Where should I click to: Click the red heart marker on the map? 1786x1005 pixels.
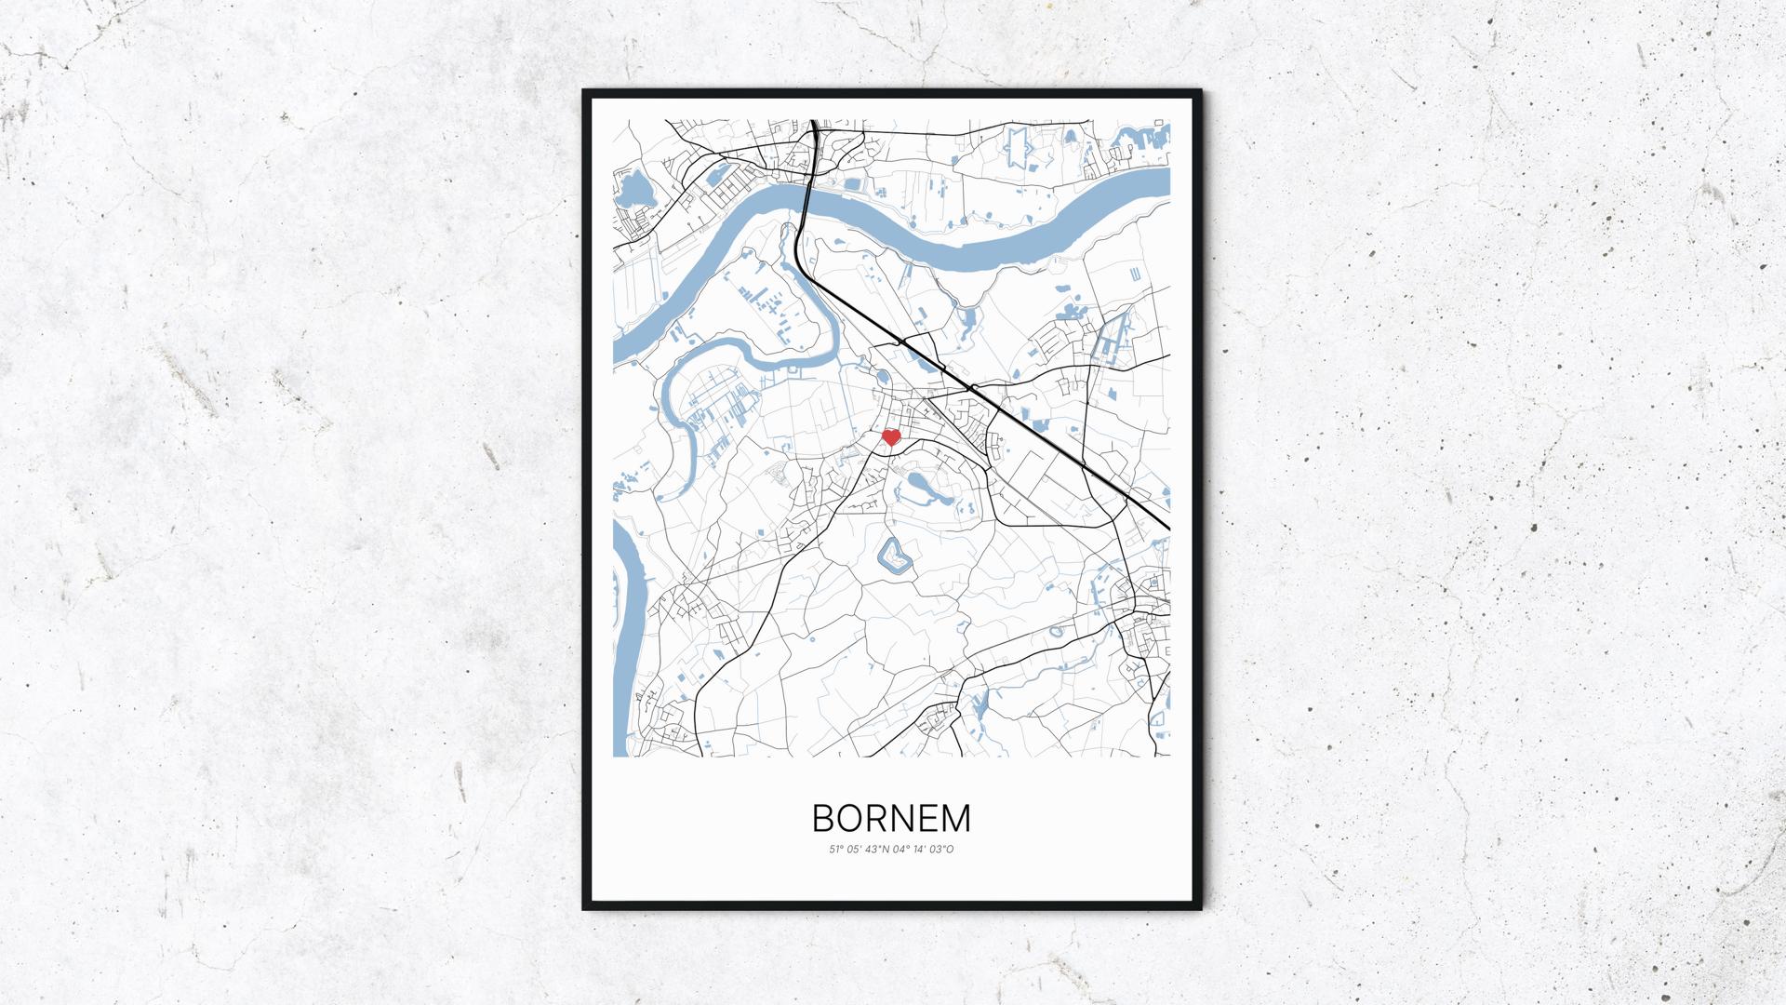[890, 437]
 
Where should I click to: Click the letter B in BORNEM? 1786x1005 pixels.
[823, 819]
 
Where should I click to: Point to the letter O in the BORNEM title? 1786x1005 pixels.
[849, 819]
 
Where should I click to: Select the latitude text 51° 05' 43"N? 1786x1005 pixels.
[860, 849]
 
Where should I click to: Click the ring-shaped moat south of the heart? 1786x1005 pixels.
[893, 556]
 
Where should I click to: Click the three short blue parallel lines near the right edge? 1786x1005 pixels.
[1136, 274]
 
